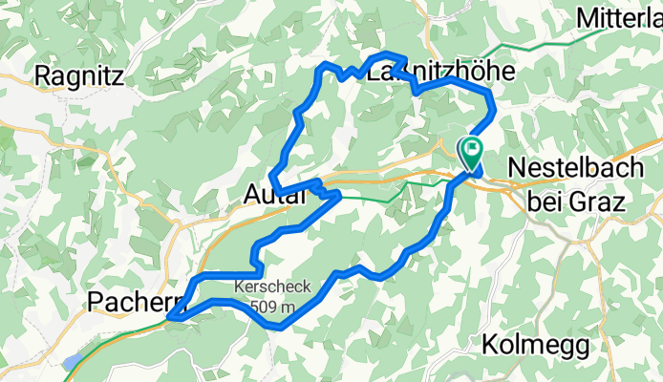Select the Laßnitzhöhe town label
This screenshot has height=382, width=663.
tap(441, 72)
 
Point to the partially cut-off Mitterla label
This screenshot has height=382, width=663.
tap(620, 17)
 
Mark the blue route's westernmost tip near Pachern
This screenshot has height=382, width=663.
tap(169, 316)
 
